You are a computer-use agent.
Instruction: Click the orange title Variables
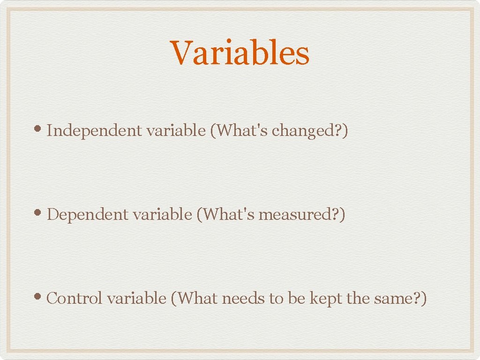tap(240, 52)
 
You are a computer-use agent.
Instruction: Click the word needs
tap(243, 298)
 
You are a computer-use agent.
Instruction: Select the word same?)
tap(401, 298)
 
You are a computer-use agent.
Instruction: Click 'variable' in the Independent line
tap(176, 131)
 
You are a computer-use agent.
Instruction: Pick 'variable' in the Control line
tap(136, 298)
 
